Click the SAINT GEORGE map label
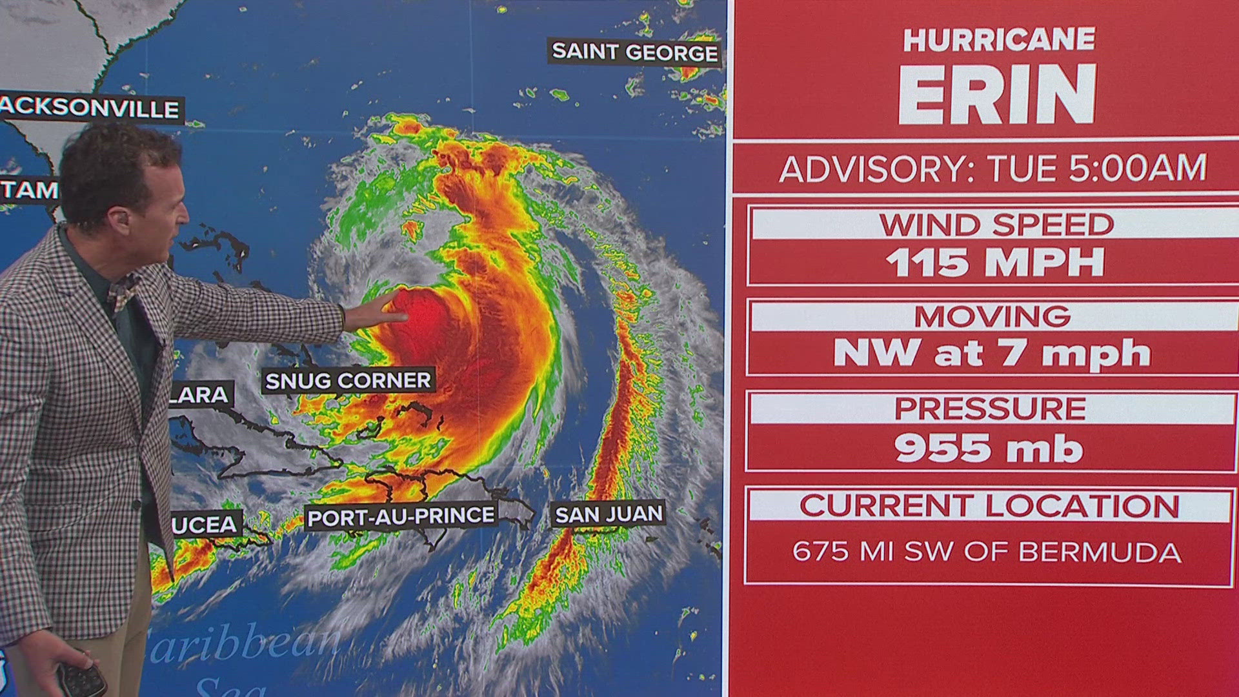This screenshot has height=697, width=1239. (635, 52)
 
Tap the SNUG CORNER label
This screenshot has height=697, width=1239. (348, 381)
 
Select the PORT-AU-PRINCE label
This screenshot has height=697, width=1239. (401, 516)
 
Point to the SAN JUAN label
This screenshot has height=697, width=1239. (609, 514)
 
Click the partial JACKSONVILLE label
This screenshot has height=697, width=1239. (90, 108)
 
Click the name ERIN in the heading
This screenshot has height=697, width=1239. (997, 95)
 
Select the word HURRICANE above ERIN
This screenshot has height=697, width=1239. (998, 40)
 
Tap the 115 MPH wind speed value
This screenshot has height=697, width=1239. (995, 263)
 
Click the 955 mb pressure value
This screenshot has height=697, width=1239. (989, 448)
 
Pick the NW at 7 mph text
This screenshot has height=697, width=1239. (992, 354)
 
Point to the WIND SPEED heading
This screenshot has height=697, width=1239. (996, 225)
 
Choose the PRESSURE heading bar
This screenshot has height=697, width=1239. (990, 409)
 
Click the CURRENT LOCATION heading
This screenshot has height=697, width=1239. (990, 505)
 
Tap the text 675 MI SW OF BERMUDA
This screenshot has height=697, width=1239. (987, 552)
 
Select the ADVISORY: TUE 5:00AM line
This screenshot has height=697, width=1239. (992, 168)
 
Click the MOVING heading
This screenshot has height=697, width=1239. (992, 317)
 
